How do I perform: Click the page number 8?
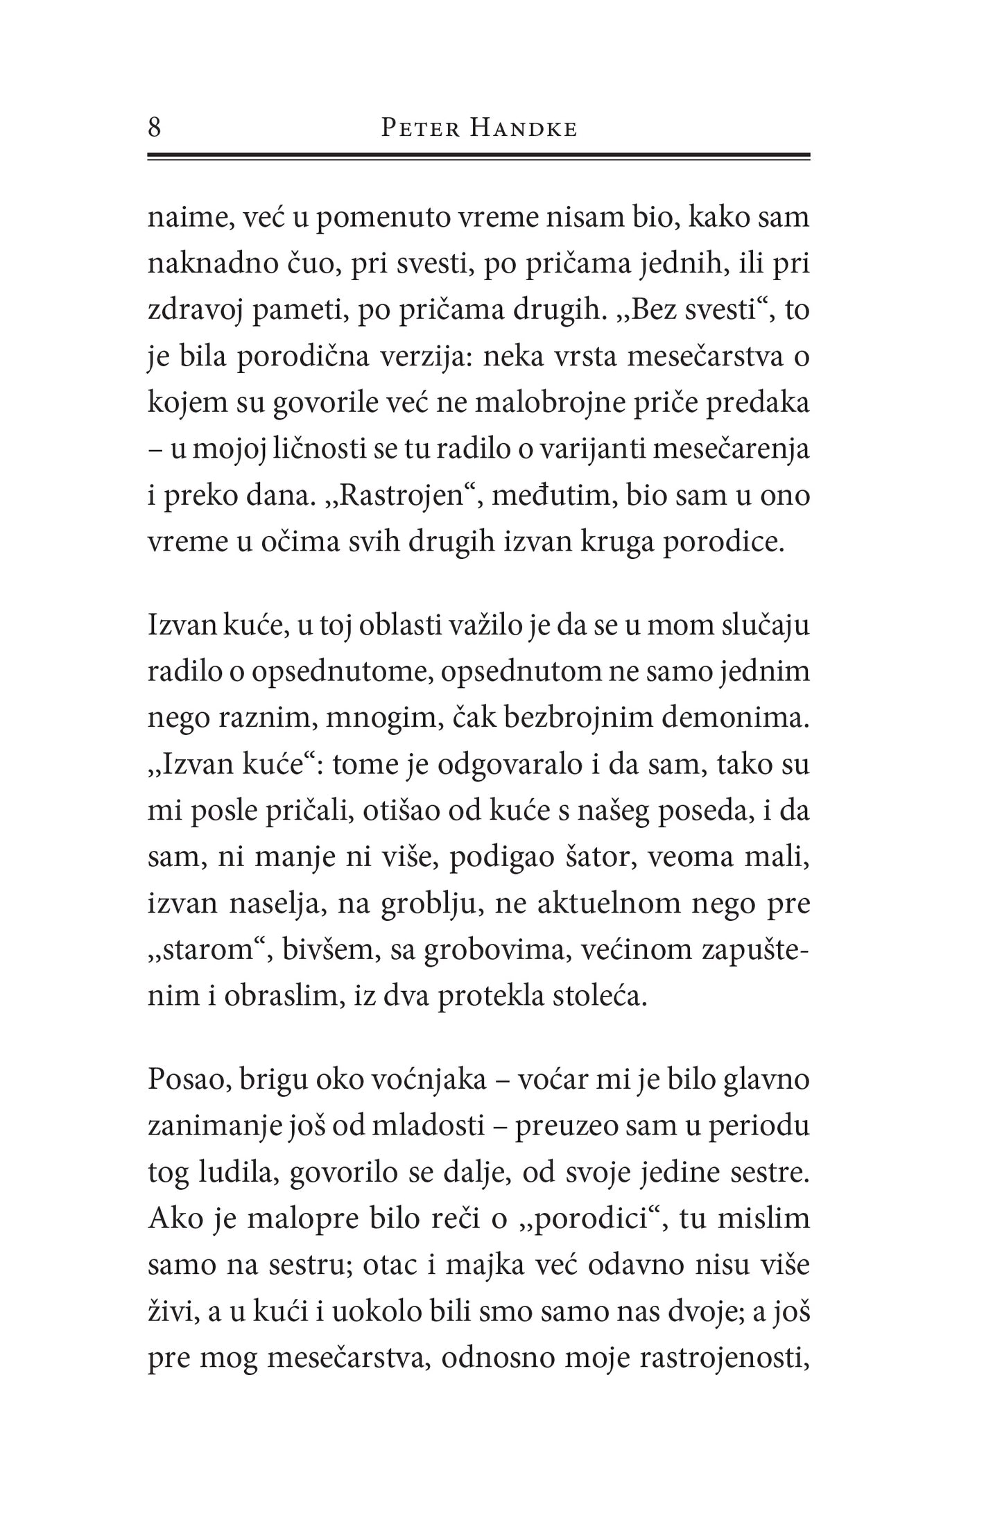155,128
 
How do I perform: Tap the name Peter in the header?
421,129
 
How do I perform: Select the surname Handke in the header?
523,129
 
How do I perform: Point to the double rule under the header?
478,157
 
